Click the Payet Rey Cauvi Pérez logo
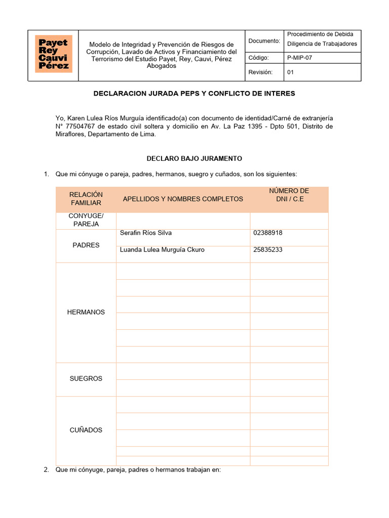pyautogui.click(x=53, y=54)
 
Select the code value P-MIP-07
pyautogui.click(x=299, y=58)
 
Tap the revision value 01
pyautogui.click(x=291, y=72)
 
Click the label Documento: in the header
pyautogui.click(x=264, y=40)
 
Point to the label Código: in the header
pyautogui.click(x=258, y=58)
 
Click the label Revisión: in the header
pyautogui.click(x=260, y=72)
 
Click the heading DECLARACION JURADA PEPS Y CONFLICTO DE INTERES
pyautogui.click(x=194, y=94)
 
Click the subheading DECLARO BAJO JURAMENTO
pyautogui.click(x=194, y=158)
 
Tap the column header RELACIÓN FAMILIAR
pyautogui.click(x=86, y=199)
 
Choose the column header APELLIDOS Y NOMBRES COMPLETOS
pyautogui.click(x=183, y=199)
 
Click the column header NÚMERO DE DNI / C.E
pyautogui.click(x=289, y=195)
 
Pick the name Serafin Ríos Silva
pyautogui.click(x=145, y=233)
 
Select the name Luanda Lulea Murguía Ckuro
pyautogui.click(x=162, y=250)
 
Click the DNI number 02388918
pyautogui.click(x=267, y=233)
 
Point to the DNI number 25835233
pyautogui.click(x=267, y=250)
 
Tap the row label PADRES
pyautogui.click(x=86, y=245)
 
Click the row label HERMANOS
pyautogui.click(x=86, y=312)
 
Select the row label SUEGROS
pyautogui.click(x=86, y=378)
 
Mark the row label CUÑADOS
pyautogui.click(x=86, y=430)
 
